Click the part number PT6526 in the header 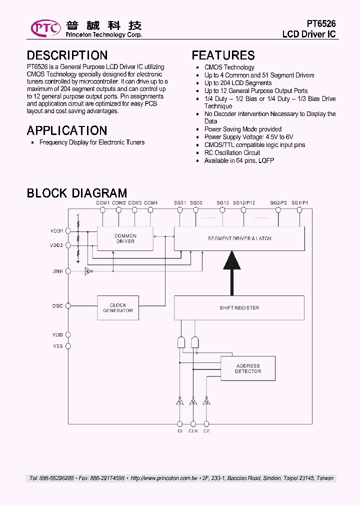tap(321, 24)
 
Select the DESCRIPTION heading tap(67, 55)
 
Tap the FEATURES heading tap(223, 55)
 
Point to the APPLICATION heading tap(66, 130)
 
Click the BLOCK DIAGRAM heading tap(76, 193)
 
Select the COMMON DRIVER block tap(125, 238)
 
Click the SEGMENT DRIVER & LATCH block tap(239, 238)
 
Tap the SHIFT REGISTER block tap(239, 308)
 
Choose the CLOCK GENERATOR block tap(118, 308)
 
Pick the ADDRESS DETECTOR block tap(247, 369)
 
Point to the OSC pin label tap(57, 305)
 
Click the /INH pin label tap(57, 271)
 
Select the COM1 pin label tap(102, 202)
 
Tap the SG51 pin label tap(180, 202)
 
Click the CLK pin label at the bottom tap(193, 430)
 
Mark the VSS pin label tap(57, 346)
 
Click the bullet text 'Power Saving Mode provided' tap(242, 129)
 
